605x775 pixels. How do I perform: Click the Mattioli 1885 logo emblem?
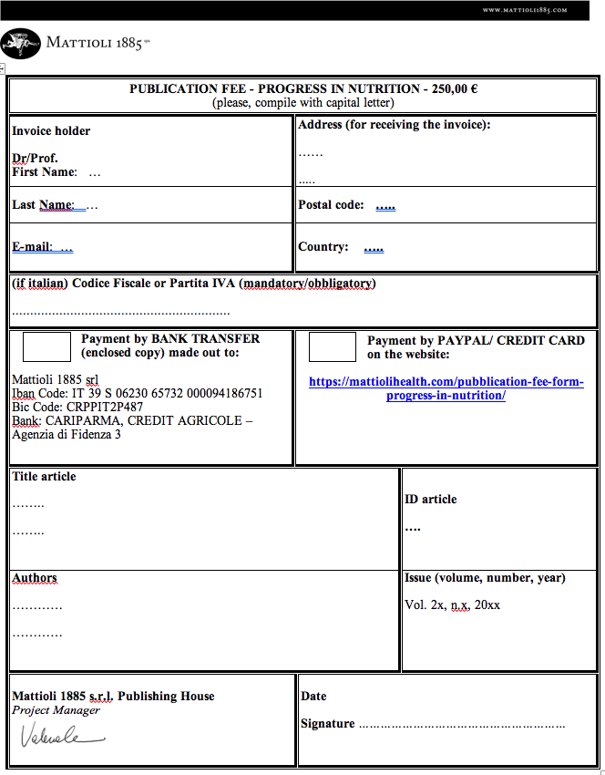pyautogui.click(x=21, y=42)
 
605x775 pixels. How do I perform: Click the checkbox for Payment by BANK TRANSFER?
pyautogui.click(x=46, y=346)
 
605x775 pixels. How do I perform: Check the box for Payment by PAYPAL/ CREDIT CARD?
pyautogui.click(x=332, y=346)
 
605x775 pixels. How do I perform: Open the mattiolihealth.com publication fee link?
pyautogui.click(x=446, y=388)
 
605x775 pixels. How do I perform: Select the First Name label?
pyautogui.click(x=45, y=171)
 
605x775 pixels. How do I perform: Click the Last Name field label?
pyautogui.click(x=43, y=205)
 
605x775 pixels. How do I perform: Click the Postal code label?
pyautogui.click(x=331, y=205)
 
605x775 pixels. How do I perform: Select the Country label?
pyautogui.click(x=323, y=247)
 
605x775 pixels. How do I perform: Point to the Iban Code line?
pyautogui.click(x=137, y=394)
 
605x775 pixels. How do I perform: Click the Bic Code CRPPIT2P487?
pyautogui.click(x=77, y=408)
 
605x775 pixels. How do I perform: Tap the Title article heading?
pyautogui.click(x=44, y=477)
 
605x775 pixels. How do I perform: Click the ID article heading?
pyautogui.click(x=430, y=500)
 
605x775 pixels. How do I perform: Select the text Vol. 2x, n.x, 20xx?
pyautogui.click(x=452, y=605)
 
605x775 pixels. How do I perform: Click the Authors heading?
pyautogui.click(x=35, y=578)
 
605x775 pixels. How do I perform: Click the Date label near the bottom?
pyautogui.click(x=313, y=697)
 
